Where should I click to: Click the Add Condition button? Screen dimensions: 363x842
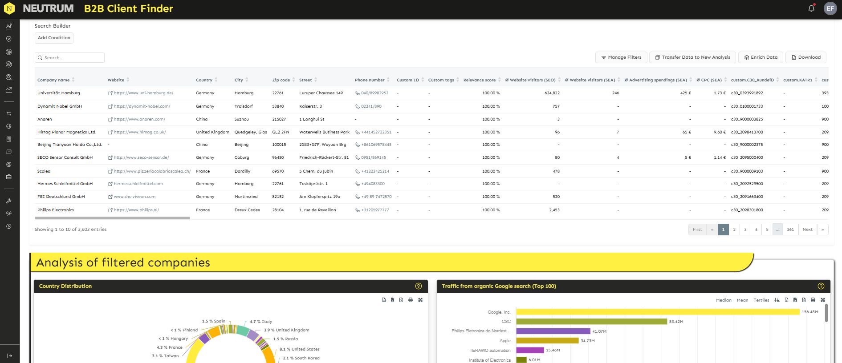coord(54,38)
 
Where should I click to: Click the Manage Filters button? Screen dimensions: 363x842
coord(621,57)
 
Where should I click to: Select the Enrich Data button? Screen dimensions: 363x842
coord(761,57)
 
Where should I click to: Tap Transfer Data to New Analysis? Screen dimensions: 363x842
coord(692,57)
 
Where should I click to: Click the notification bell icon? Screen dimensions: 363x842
coord(811,8)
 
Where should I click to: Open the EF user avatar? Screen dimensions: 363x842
coord(830,8)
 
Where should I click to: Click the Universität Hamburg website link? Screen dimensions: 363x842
coord(143,93)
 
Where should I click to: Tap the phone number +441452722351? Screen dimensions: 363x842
coord(376,132)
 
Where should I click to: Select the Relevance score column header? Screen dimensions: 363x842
coord(479,80)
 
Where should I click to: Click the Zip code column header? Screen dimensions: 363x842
coord(281,80)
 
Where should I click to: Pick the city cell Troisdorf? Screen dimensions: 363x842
coord(244,106)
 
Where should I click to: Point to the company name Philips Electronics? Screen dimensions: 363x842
coord(56,210)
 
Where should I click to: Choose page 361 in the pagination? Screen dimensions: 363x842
coord(790,230)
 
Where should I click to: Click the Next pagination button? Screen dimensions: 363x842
coord(807,230)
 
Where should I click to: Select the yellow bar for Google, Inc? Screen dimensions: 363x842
coord(658,312)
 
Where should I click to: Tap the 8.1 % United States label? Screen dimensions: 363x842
coord(299,349)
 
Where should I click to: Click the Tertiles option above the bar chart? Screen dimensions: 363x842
coord(761,300)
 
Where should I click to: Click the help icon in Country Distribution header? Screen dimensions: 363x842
coord(418,286)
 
